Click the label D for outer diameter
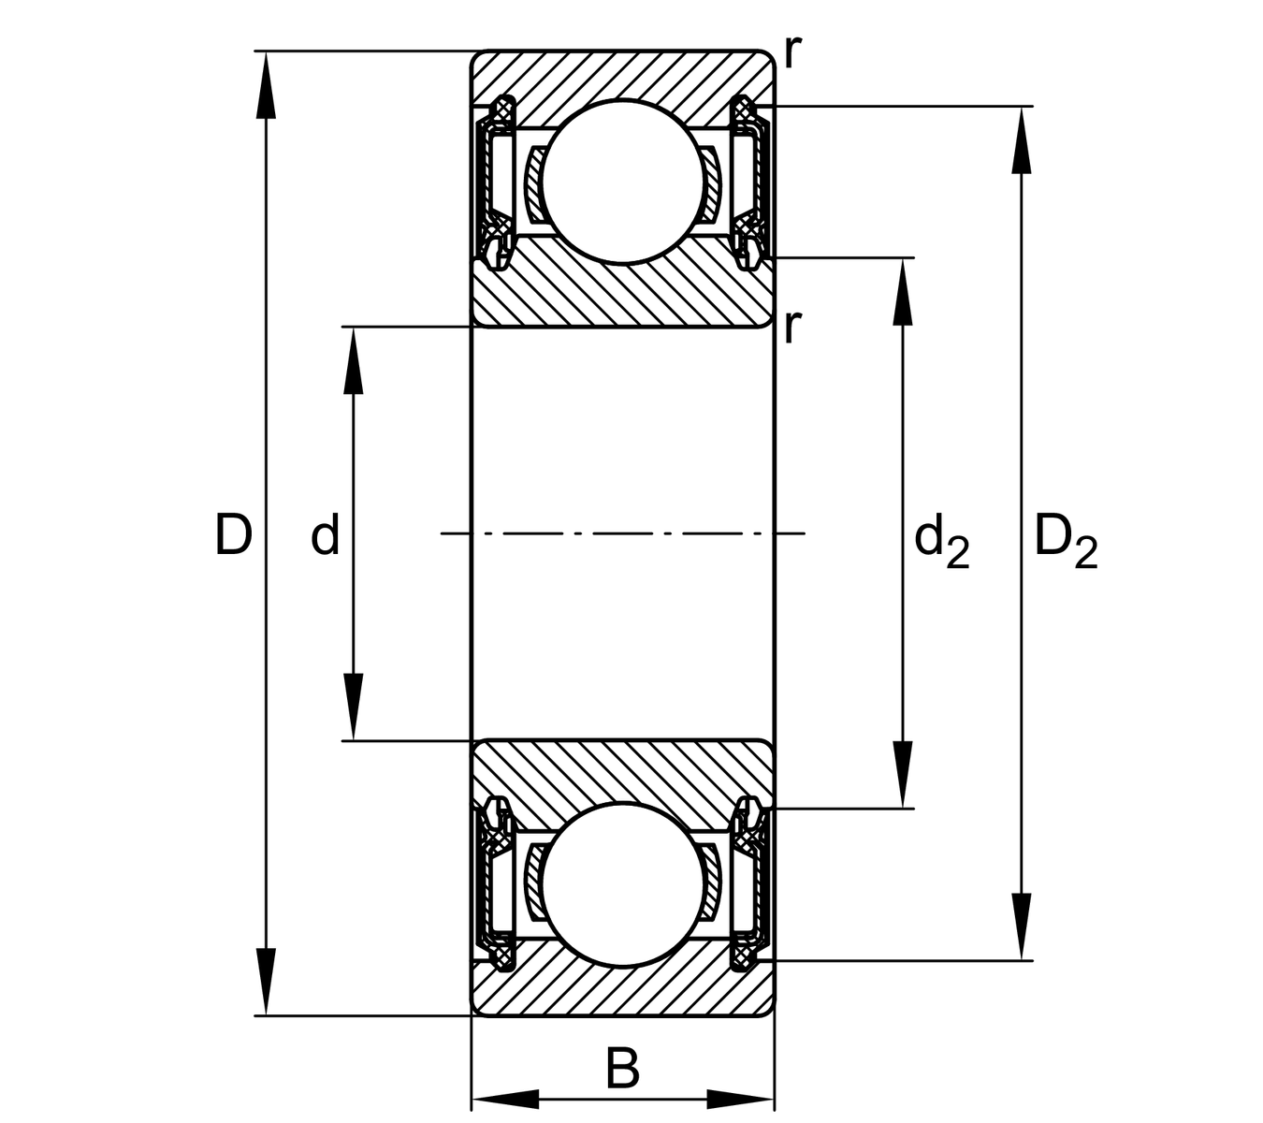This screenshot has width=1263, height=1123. click(x=233, y=534)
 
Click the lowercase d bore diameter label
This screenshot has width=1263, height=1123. click(x=325, y=536)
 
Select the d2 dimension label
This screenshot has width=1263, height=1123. click(x=941, y=543)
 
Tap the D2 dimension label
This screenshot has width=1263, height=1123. click(x=1065, y=543)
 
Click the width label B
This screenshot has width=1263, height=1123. click(x=622, y=1069)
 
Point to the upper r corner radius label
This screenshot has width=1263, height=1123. click(x=792, y=53)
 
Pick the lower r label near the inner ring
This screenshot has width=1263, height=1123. click(x=792, y=326)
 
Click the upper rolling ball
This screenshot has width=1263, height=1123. click(x=622, y=182)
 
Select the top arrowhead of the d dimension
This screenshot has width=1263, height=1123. click(x=353, y=359)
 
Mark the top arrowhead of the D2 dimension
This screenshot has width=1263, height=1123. click(x=1021, y=140)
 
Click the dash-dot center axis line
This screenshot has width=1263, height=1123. click(x=622, y=533)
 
